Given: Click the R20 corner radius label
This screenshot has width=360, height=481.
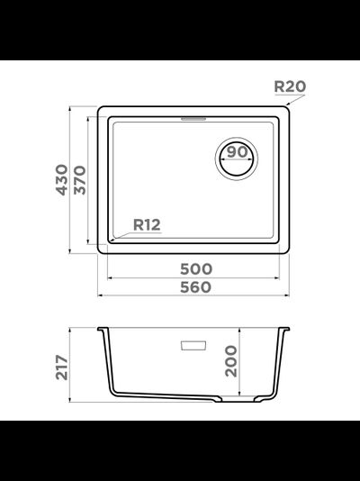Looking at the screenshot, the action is [290, 86].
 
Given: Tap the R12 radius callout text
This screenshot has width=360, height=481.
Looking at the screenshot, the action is [147, 225].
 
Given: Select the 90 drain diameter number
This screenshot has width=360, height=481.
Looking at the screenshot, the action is [238, 152].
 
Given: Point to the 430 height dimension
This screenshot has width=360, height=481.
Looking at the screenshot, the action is [62, 180].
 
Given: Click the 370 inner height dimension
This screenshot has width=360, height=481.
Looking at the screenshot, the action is [80, 180].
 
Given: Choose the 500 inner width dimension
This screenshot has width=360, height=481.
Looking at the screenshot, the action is [196, 269].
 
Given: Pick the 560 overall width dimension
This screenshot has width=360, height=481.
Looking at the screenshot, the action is [196, 287].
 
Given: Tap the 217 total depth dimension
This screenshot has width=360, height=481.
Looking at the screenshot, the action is [62, 368].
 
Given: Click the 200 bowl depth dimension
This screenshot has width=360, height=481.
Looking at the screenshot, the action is [231, 361].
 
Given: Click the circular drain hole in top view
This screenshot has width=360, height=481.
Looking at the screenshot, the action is [237, 159].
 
